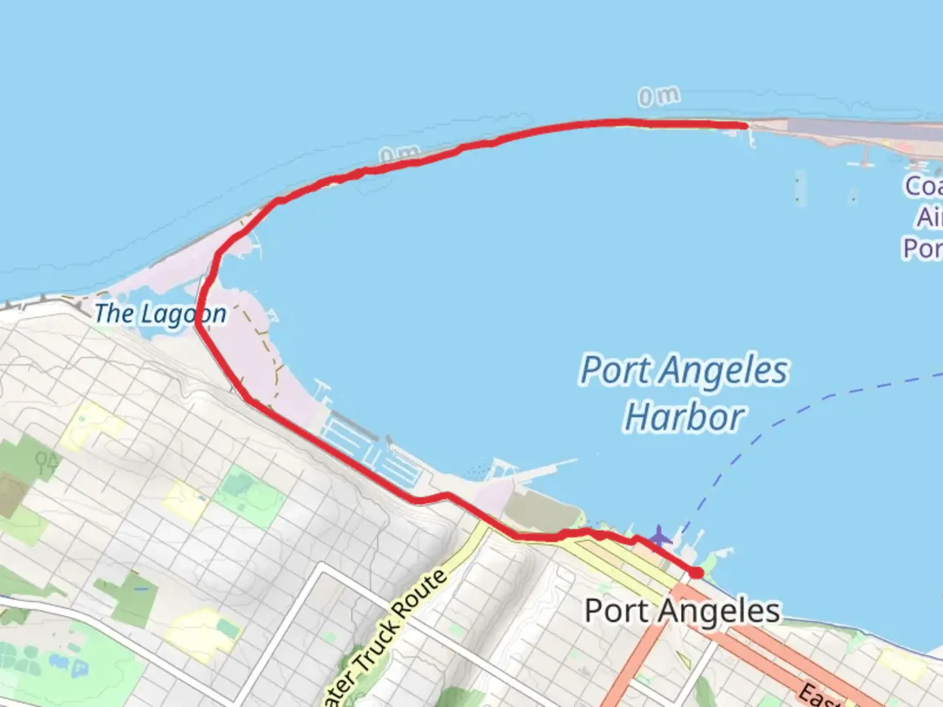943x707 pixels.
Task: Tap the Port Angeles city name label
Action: (x=682, y=611)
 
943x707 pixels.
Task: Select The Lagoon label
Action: (x=160, y=314)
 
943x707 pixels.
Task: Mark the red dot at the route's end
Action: (x=697, y=573)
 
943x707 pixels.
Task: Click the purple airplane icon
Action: (x=659, y=537)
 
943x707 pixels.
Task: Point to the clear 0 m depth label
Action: (x=659, y=97)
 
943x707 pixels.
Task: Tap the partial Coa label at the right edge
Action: (x=924, y=186)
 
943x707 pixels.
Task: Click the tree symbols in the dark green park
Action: (x=46, y=463)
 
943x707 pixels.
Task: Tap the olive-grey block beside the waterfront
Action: (x=537, y=511)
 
